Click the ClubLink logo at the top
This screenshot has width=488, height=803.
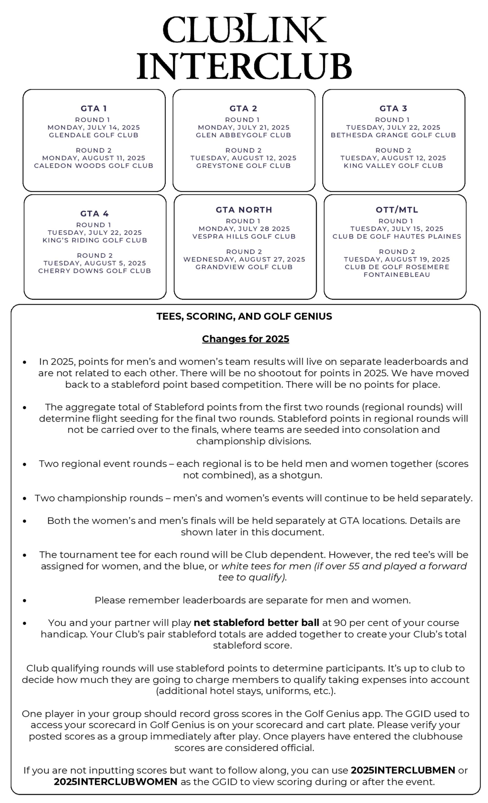(244, 29)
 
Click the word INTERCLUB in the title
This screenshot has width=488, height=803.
(244, 66)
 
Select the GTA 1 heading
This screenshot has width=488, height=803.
(94, 108)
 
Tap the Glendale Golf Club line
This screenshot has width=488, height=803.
(94, 135)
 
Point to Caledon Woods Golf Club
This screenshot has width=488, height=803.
(94, 166)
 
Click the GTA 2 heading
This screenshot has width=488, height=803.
(243, 108)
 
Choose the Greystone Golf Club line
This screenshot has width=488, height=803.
(243, 166)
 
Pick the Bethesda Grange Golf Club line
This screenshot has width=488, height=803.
(393, 135)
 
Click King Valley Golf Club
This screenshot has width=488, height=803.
(393, 166)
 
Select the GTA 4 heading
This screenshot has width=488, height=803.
(95, 214)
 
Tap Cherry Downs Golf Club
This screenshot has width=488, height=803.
(95, 271)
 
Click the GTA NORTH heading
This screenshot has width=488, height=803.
(244, 210)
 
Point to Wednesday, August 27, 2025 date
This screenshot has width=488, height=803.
(244, 259)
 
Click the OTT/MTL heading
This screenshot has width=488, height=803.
(397, 210)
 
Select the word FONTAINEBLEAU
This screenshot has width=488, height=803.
(397, 275)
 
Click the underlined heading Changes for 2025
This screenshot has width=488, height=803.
(245, 339)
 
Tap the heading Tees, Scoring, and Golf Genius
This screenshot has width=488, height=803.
(244, 316)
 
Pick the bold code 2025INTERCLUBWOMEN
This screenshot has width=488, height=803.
(115, 782)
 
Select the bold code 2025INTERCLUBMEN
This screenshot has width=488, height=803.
(403, 770)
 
